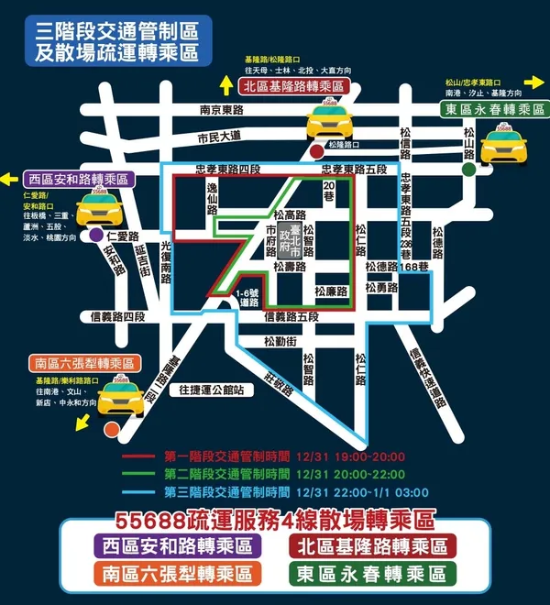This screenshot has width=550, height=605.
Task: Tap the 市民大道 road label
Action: (x=219, y=137)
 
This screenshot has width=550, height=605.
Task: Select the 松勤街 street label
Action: (x=279, y=341)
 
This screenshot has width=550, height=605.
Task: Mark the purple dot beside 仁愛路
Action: (x=97, y=236)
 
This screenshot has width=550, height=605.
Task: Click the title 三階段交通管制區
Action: (x=116, y=31)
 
